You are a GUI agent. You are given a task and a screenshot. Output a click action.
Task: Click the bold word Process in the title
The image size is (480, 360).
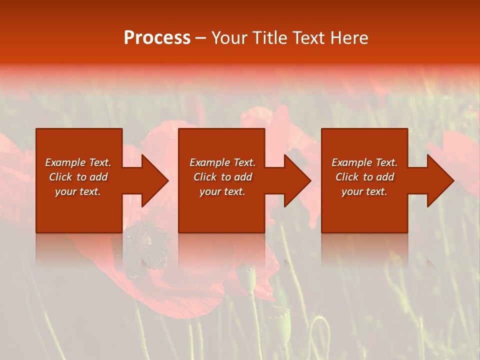157,38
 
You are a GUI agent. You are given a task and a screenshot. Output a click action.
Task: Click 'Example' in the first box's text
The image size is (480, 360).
65,162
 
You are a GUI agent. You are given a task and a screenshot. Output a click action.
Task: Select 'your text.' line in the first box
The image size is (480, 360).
78,191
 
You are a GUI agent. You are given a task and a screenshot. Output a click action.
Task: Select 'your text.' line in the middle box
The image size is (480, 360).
222,191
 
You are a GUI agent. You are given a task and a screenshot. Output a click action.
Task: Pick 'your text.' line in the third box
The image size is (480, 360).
364,191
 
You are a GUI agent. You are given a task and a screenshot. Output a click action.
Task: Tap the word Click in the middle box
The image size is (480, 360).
204,177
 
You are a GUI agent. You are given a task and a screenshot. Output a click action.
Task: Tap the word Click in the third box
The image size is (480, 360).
346,177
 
